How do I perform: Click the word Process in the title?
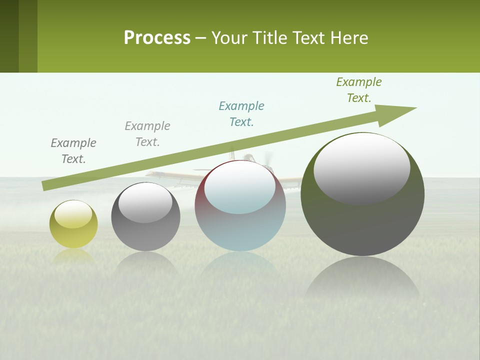click(157, 38)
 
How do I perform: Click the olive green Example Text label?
click(358, 90)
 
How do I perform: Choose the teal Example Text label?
click(241, 114)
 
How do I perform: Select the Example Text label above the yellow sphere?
click(73, 150)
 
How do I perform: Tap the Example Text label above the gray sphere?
click(147, 134)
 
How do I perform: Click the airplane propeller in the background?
click(268, 159)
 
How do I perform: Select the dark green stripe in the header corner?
click(9, 36)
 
